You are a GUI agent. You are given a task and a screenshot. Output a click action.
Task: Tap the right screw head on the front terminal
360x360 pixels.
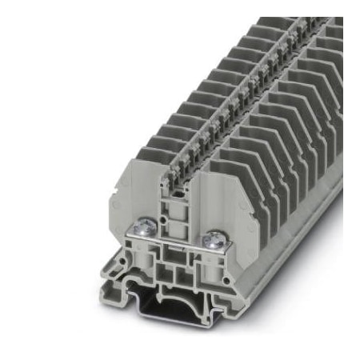pos(214,238)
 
